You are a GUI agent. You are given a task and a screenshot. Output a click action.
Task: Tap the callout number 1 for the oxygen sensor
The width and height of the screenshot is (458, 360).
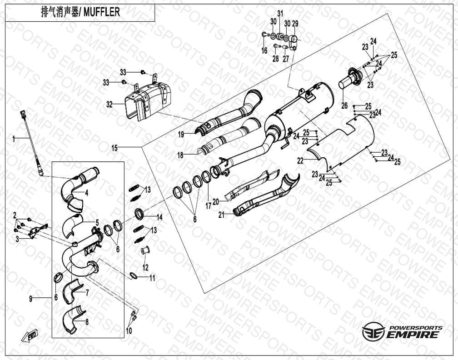coord(14,139)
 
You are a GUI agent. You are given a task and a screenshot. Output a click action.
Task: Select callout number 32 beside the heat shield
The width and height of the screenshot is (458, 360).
coord(109,105)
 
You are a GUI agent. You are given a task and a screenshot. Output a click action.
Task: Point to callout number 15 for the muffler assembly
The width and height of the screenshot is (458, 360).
coord(115,148)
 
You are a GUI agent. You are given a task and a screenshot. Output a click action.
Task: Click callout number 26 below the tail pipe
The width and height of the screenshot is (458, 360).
coord(345,105)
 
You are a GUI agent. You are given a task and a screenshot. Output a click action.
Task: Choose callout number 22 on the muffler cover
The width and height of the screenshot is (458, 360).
coord(301,160)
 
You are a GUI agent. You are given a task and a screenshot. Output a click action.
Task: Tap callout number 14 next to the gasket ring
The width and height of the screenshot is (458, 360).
coord(159,217)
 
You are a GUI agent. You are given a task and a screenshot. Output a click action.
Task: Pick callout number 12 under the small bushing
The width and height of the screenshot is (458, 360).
coord(145,267)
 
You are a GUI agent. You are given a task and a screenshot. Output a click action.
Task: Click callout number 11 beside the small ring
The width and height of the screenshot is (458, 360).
coord(152,278)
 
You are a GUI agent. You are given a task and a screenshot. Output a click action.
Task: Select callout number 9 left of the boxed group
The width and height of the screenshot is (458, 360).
coord(31,299)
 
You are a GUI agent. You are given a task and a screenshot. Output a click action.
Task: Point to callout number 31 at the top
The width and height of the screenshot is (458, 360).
coord(280,14)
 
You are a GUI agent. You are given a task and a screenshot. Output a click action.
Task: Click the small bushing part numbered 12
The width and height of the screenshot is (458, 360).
coord(145,250)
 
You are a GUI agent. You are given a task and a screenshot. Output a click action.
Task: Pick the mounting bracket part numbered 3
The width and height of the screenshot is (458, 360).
coord(38,230)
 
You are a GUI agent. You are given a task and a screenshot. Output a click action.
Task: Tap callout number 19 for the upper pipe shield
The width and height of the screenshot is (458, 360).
coord(181,134)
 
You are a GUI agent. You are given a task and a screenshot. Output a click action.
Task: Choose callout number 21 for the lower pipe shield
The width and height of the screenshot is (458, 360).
coord(222,215)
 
